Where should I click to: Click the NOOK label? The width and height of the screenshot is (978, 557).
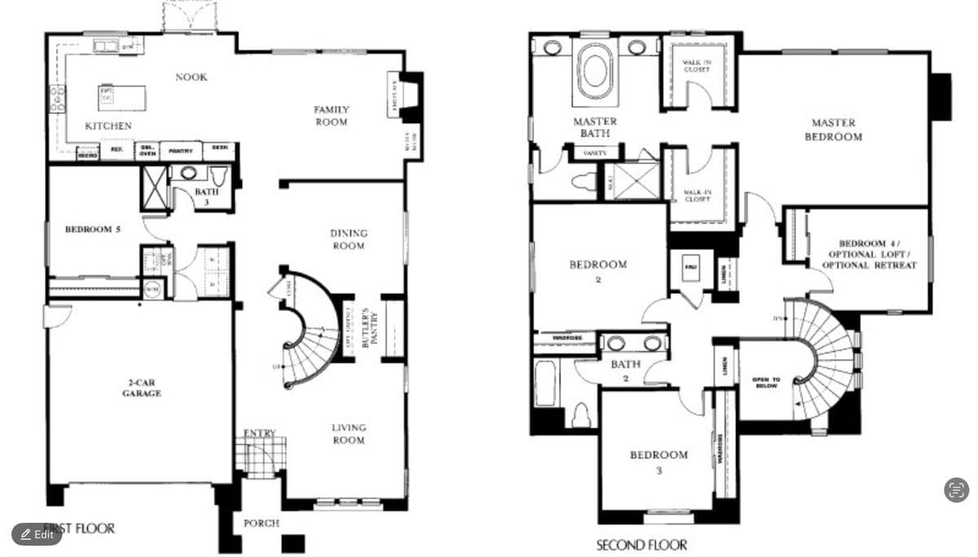click(x=192, y=77)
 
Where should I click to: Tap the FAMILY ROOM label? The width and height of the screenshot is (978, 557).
click(x=332, y=116)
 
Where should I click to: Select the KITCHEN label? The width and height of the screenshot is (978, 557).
click(x=108, y=126)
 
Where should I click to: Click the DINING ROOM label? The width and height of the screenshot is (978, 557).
click(x=349, y=239)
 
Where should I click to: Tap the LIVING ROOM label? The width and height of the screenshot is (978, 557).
click(x=349, y=434)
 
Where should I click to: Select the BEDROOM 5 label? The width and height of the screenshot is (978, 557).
click(x=93, y=230)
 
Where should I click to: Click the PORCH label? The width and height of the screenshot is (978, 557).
click(x=262, y=523)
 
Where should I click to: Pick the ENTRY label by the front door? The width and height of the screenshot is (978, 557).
click(x=260, y=432)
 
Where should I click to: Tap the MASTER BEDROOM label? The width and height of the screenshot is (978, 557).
click(x=834, y=129)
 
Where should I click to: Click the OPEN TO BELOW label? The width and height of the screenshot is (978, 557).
click(x=766, y=383)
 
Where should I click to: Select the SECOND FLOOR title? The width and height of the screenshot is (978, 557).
click(x=641, y=545)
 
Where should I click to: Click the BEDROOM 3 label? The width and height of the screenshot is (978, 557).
click(x=659, y=462)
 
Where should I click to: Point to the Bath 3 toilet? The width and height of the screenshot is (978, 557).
click(x=218, y=175)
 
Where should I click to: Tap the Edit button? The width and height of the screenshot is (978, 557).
click(x=37, y=534)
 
